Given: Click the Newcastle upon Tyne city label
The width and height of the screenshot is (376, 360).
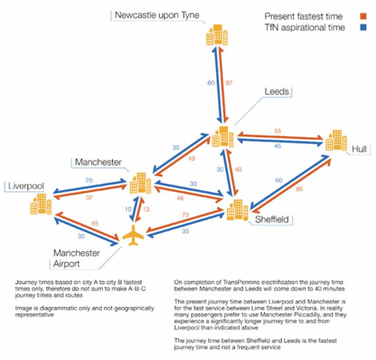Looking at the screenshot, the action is [157, 15].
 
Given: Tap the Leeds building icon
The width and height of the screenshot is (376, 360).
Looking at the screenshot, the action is [223, 136].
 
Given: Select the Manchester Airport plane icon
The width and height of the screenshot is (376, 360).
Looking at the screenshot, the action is [133, 235].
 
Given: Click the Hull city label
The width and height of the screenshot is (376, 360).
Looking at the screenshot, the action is [359, 149].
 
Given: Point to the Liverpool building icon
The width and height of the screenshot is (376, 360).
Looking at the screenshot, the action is [41, 204].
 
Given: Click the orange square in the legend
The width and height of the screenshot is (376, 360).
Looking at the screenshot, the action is [363, 16].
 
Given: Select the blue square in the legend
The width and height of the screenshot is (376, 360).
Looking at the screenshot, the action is [363, 27].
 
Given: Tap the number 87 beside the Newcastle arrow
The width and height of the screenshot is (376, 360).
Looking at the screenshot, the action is [229, 83].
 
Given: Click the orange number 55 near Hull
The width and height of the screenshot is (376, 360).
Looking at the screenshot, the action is [277, 131].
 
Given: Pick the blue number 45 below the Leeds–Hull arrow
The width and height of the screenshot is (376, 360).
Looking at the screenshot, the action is [278, 146].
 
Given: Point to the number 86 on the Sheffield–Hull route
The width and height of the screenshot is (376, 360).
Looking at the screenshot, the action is [299, 189].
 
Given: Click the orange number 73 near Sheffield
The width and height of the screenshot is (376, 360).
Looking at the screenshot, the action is [185, 215].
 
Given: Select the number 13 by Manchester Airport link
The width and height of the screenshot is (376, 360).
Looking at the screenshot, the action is [146, 209].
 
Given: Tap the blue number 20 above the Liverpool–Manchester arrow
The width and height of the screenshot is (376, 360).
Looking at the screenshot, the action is [89, 181].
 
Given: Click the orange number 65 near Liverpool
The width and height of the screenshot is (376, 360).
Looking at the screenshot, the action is [95, 224].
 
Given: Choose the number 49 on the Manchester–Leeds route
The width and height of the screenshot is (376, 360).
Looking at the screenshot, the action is [192, 158].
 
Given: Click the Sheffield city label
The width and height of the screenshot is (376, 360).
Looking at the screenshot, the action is [272, 220].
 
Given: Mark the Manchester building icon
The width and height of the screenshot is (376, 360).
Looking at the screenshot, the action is [140, 183].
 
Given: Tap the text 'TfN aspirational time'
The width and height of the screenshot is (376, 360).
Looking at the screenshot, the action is [305, 28].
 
